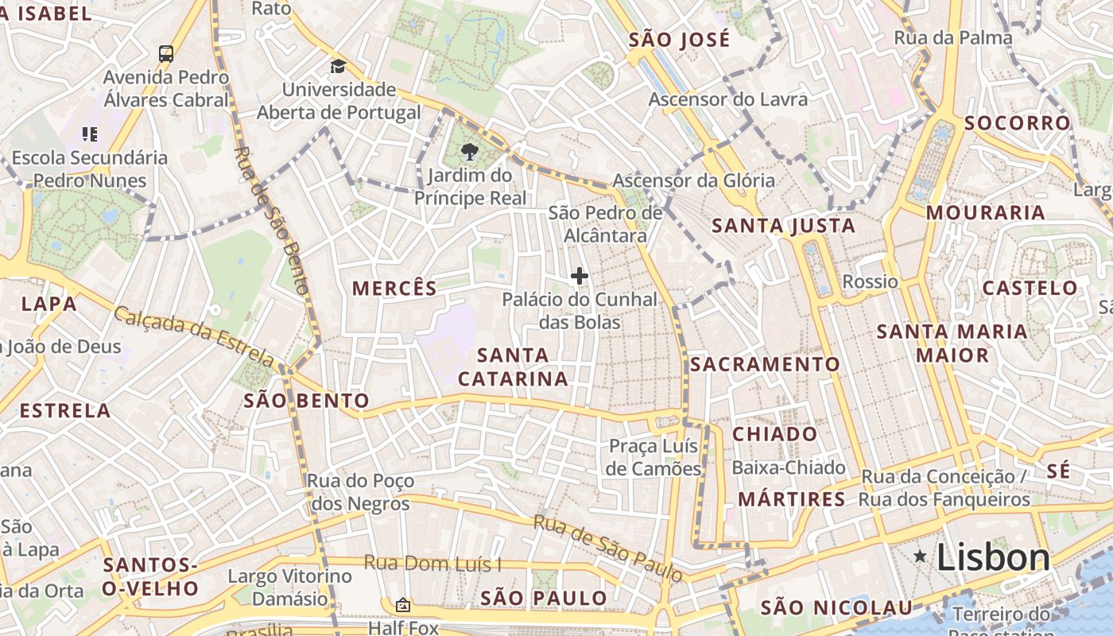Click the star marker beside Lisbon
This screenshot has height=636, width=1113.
920,556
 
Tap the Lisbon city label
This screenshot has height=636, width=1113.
993,557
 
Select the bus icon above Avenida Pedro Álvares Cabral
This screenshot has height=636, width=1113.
165,54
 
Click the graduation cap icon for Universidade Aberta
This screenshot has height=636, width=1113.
339,66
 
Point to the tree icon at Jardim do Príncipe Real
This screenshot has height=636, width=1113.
470,151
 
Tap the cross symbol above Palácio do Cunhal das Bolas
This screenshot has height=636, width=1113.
580,276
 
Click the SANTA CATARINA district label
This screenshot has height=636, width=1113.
514,366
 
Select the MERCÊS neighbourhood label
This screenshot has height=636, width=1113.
394,288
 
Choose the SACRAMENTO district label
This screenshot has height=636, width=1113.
765,364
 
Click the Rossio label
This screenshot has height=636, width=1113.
870,281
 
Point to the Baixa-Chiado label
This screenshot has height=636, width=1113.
789,467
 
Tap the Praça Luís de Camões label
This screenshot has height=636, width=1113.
654,457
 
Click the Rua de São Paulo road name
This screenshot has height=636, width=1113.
608,547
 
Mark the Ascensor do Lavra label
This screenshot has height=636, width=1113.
728,99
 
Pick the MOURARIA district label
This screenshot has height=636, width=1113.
985,212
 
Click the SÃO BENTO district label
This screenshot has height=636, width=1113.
307,400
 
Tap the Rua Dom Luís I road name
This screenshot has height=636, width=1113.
432,564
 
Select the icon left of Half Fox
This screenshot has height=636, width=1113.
403,605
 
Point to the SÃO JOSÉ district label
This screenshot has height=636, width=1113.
679,40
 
